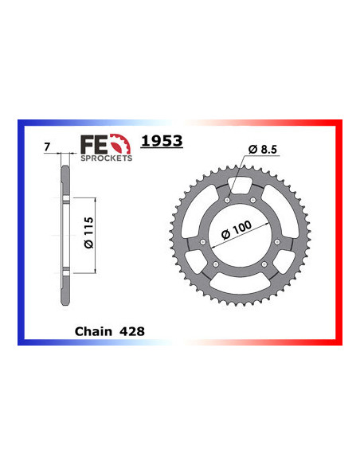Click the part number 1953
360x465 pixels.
click(x=161, y=141)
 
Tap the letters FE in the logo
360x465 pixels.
click(x=92, y=144)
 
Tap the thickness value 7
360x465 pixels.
click(x=48, y=147)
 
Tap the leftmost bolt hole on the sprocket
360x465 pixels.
click(x=203, y=242)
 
